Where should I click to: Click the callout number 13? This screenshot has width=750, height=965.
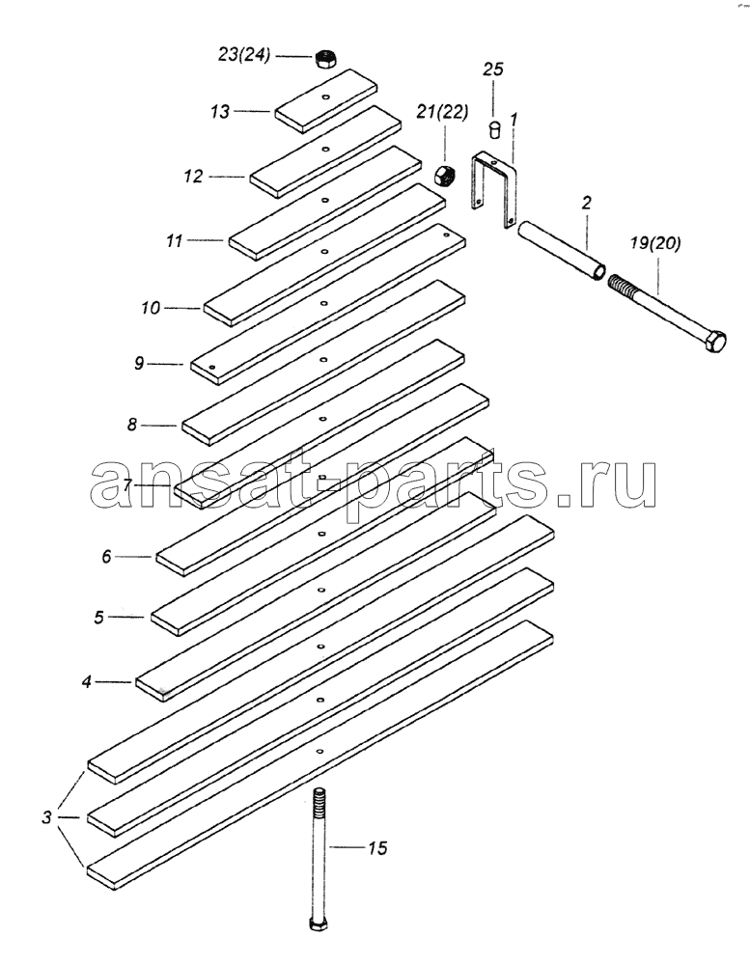click(220, 112)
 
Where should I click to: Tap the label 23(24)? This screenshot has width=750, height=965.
click(244, 55)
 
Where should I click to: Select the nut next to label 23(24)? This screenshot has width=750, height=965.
click(325, 59)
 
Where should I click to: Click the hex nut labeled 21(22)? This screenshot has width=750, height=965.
click(444, 176)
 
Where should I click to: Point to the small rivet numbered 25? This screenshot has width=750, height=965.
click(494, 130)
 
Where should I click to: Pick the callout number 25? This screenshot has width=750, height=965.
click(493, 69)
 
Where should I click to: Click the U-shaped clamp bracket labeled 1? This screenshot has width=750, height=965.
click(494, 189)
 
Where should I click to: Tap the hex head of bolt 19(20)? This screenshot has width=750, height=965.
click(716, 341)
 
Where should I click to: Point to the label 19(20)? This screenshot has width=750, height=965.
click(655, 243)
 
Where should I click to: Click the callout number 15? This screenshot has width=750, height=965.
click(378, 848)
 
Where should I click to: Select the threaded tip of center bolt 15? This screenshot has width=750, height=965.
click(319, 800)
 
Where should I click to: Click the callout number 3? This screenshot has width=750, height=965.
click(46, 818)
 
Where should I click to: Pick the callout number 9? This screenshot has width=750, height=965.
click(139, 364)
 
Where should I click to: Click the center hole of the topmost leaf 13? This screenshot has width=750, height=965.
click(325, 96)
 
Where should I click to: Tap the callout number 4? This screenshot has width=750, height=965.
click(87, 681)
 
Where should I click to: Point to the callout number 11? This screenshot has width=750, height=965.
click(175, 240)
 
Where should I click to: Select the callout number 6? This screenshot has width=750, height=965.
click(107, 557)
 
